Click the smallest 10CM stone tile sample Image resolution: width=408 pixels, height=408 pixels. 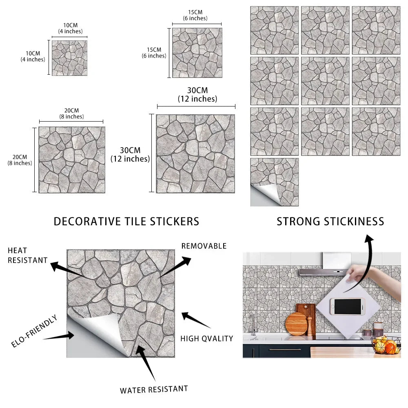69,58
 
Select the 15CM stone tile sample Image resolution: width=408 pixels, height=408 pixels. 197,53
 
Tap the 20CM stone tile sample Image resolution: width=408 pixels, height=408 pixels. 72,160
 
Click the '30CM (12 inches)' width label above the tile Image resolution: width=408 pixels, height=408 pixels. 197,95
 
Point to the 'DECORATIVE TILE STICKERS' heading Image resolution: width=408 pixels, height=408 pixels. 126,222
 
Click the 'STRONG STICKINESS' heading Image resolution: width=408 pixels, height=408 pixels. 330,222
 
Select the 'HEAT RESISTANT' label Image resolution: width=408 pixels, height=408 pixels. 28,255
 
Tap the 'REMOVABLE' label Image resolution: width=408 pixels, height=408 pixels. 204,246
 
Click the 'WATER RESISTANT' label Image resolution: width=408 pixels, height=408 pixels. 154,390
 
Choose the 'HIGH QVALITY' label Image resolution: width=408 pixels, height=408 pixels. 207,339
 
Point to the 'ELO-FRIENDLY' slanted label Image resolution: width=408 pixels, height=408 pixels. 34,331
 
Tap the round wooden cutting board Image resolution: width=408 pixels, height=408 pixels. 296,324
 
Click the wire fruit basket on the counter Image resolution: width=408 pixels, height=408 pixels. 386,345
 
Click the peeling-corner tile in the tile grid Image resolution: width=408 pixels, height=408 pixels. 275,182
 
